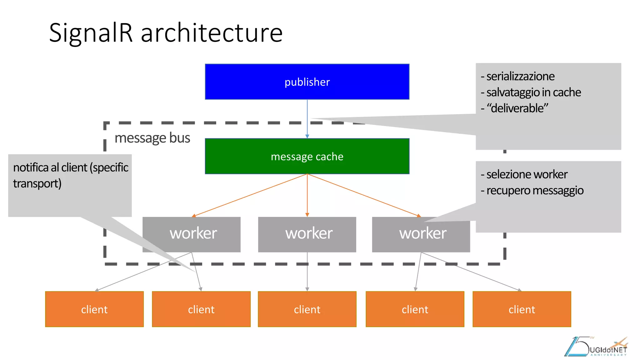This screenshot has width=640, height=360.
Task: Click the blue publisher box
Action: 307,82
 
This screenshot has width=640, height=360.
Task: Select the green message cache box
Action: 307,156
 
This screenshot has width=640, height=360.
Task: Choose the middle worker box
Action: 307,234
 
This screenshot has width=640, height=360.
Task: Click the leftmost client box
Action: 94,309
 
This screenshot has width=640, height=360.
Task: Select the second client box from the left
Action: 201,309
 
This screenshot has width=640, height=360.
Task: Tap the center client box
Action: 307,309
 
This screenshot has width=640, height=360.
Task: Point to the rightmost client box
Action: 522,309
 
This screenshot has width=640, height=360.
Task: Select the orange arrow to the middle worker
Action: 307,195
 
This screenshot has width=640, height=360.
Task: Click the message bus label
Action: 152,138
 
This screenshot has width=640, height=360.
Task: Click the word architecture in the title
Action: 212,33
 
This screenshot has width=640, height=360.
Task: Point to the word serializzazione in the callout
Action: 520,76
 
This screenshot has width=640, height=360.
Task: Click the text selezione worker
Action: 527,174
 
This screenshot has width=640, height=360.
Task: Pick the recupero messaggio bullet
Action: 535,190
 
